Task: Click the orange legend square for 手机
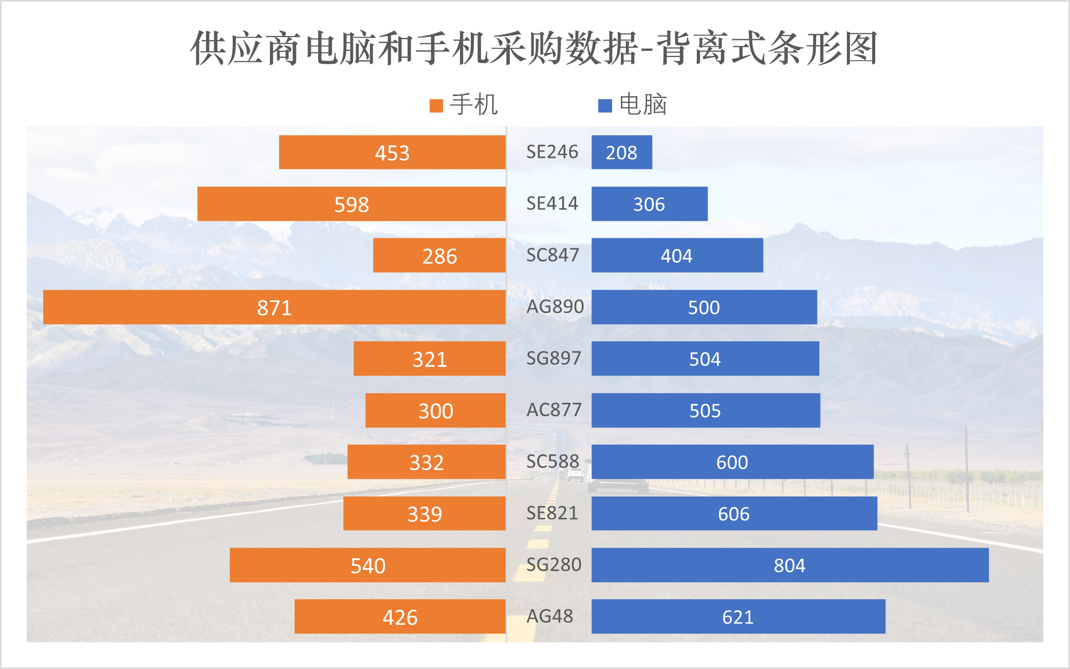[x=436, y=106]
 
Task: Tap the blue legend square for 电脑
[x=605, y=106]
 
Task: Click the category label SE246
[x=552, y=152]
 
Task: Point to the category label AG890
[x=555, y=307]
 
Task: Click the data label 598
[x=352, y=205]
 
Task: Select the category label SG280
[x=554, y=565]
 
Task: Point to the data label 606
[x=733, y=514]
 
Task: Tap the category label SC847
[x=552, y=255]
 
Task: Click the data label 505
[x=705, y=411]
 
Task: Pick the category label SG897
[x=554, y=358]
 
